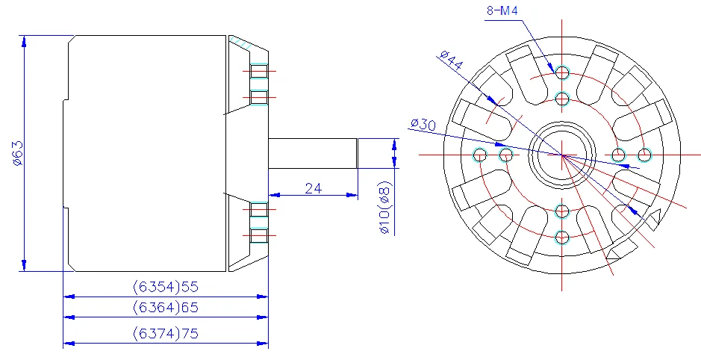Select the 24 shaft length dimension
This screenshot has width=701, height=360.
click(313, 188)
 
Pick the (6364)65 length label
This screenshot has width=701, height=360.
click(165, 307)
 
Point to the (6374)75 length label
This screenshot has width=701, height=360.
click(165, 333)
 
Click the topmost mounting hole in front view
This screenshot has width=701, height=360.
click(562, 72)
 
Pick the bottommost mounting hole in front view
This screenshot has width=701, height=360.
click(562, 238)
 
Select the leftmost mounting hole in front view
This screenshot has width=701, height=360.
click(480, 155)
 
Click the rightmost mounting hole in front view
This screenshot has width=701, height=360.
click(645, 155)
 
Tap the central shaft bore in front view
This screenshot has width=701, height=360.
click(562, 155)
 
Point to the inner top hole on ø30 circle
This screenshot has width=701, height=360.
click(562, 99)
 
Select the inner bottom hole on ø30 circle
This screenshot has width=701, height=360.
click(562, 211)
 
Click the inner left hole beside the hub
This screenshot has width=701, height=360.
click(506, 155)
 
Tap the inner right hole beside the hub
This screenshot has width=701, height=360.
click(618, 155)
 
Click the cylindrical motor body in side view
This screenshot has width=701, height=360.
click(146, 153)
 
